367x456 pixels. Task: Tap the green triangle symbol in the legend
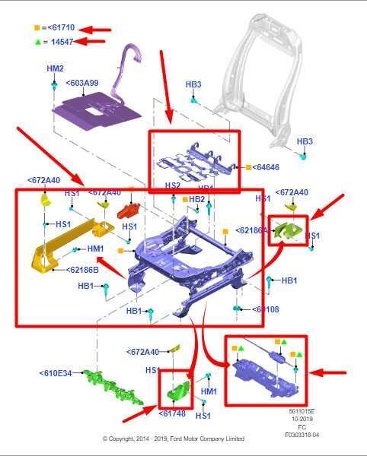37,41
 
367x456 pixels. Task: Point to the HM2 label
55,68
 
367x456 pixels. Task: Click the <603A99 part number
81,83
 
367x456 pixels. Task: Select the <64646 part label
266,166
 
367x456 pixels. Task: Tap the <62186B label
82,270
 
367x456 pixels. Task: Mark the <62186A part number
251,230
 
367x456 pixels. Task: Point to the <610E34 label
56,373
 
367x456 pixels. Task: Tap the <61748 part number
172,413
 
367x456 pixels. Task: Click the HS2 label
173,185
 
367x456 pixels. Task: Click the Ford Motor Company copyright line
174,439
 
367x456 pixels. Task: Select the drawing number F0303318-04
303,435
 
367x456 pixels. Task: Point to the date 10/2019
303,419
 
